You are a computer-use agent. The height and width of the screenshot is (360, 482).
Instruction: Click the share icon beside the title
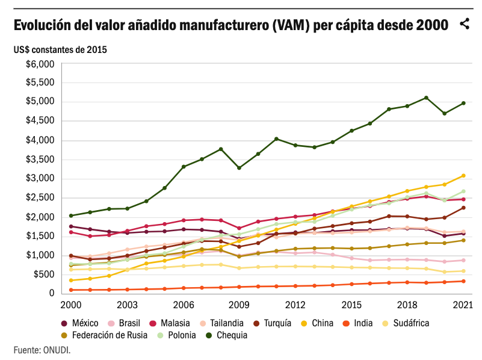[464, 25]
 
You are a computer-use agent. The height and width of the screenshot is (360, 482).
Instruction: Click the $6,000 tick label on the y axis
[40, 64]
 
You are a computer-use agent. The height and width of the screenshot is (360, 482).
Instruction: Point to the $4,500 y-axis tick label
[40, 121]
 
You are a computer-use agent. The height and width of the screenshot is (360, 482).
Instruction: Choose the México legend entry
[81, 323]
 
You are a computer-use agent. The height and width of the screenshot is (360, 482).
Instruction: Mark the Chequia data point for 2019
[426, 98]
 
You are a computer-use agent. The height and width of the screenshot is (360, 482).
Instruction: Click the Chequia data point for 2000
[71, 216]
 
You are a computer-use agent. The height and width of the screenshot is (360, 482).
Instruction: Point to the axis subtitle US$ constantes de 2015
[60, 49]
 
